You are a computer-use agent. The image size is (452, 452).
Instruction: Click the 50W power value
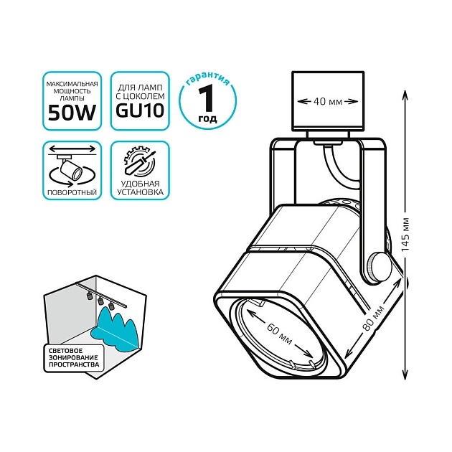point(71,111)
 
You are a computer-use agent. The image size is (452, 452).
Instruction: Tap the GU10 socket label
point(140,111)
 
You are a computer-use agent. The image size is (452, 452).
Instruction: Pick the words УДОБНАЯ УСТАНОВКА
point(140,189)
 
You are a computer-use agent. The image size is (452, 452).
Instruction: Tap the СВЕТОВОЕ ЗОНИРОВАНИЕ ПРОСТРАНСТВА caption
point(71,359)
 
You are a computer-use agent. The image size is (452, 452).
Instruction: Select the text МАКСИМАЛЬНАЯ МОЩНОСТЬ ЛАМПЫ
point(71,90)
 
